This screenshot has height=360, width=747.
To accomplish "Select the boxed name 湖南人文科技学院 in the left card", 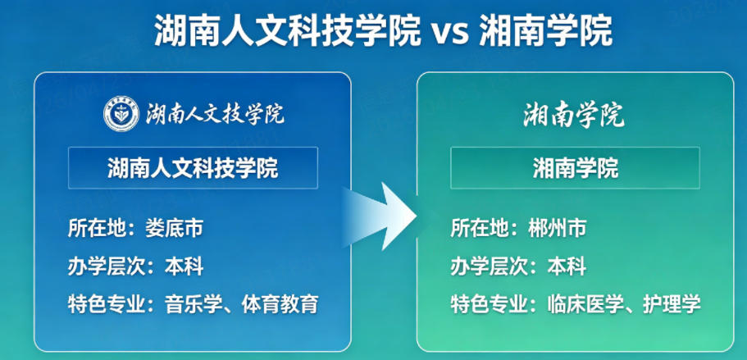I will click(x=193, y=169).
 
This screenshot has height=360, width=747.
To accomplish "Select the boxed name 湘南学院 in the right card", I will click(x=575, y=169).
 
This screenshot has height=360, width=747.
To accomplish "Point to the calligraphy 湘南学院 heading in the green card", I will click(x=574, y=116).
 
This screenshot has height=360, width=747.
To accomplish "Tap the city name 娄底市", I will click(x=173, y=228).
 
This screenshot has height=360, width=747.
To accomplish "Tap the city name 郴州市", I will click(x=557, y=228).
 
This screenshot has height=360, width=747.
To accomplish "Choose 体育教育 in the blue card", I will click(x=280, y=304).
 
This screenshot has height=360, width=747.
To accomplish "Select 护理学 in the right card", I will click(x=672, y=304).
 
